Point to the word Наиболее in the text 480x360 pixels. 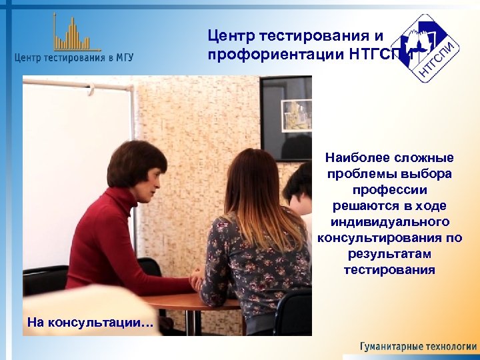(x=354, y=158)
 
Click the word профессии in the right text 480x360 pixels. (x=389, y=190)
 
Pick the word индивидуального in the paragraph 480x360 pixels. (x=389, y=222)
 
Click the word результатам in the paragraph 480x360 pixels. (x=389, y=254)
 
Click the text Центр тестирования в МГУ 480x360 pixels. (x=73, y=57)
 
